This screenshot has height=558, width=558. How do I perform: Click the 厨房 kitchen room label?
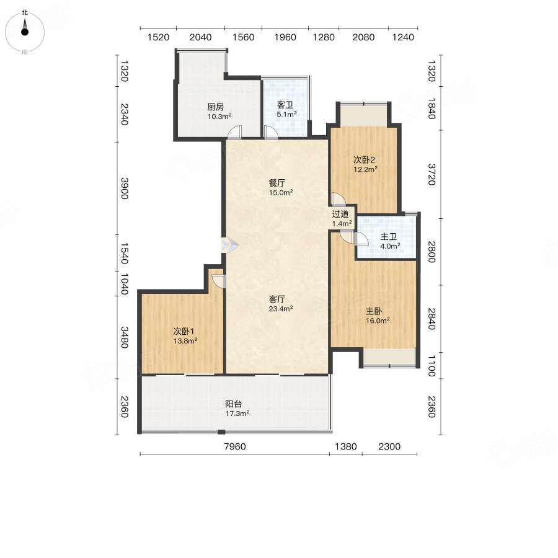coord(215,107)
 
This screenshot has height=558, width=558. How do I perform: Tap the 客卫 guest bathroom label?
coord(285,105)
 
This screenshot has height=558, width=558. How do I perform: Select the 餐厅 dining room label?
coord(277,183)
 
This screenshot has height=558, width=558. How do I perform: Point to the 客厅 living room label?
coord(277,299)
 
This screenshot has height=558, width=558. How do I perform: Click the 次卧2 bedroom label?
coord(364,160)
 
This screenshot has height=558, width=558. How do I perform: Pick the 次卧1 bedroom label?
coord(184,331)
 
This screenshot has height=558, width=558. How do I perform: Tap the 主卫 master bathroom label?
coord(389,237)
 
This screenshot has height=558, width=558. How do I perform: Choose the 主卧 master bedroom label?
coord(374,311)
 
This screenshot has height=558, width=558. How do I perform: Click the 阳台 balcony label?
coord(234,404)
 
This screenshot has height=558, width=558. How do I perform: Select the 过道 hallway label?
coord(340,214)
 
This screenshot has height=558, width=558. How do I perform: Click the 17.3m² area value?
coord(237,413)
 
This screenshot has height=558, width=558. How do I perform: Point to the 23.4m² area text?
coord(281,309)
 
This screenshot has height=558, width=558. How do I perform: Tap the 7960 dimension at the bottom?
coord(235,446)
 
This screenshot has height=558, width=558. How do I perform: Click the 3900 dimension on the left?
coord(124,188)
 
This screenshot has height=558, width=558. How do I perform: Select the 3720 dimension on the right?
coord(431,174)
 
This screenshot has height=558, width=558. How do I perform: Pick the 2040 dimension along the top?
coord(200,37)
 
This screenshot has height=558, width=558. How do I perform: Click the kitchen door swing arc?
coord(234,131)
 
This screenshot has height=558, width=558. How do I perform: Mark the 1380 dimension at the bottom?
coord(345,446)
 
